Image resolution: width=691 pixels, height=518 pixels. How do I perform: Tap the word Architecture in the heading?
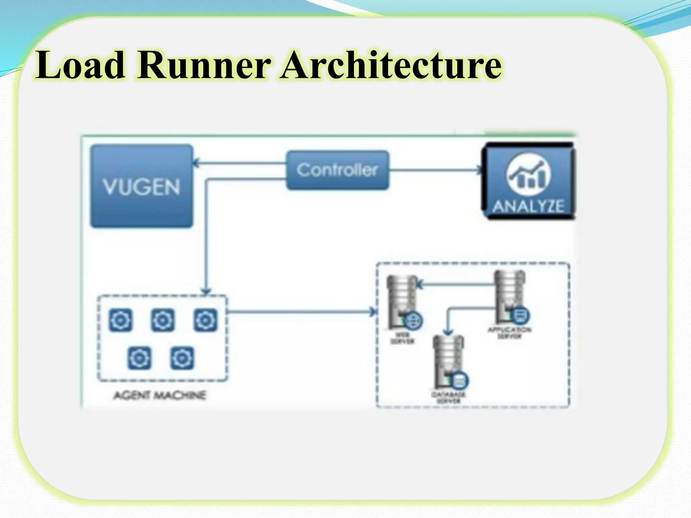coord(391,65)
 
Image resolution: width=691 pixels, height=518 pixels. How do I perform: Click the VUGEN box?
coord(142,186)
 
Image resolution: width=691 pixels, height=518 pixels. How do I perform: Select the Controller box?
coord(337,170)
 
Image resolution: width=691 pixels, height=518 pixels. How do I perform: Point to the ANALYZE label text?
coord(528,206)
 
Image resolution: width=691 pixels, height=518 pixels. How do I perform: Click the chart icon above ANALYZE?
coord(528,175)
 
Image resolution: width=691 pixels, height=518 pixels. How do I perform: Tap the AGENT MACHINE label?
coord(160,395)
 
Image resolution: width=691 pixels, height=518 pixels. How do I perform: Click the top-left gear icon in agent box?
coord(120,320)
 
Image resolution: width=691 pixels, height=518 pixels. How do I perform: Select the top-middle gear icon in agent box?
coord(163,320)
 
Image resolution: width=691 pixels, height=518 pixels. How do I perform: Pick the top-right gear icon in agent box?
coord(205,320)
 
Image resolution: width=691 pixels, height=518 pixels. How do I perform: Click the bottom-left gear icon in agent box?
coord(139,358)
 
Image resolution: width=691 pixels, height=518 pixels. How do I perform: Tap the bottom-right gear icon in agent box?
coord(182,358)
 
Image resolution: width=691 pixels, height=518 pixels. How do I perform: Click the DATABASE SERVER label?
coord(449,398)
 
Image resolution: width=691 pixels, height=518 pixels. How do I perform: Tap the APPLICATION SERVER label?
coord(509,333)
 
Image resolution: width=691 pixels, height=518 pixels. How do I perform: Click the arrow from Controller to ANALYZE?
coord(435,170)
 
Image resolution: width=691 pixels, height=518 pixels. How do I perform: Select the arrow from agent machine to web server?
coord(300,312)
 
